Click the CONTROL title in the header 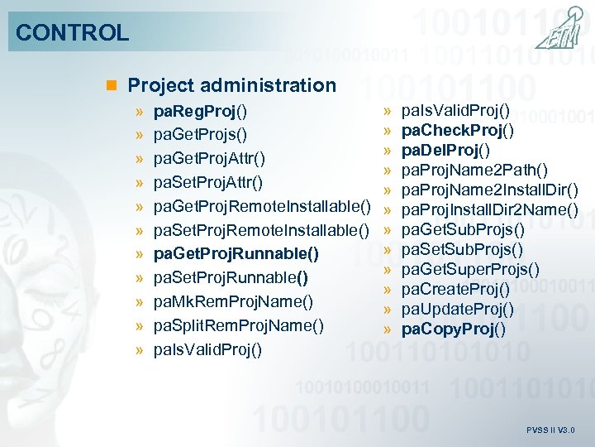point(73,33)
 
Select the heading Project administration point(231,85)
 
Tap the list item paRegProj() point(202,110)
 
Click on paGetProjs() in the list point(201,134)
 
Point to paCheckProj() point(457,130)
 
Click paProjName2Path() point(474,170)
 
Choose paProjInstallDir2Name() point(489,209)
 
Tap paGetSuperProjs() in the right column point(470,269)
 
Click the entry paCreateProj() point(455,289)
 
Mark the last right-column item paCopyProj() point(454,329)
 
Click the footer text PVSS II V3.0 point(550,430)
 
